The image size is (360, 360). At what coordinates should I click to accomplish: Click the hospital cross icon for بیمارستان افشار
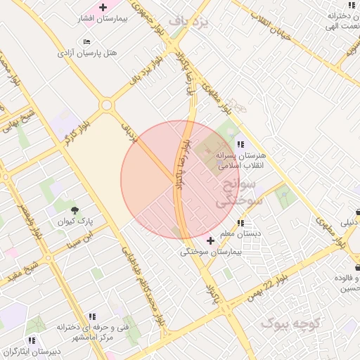[103, 8]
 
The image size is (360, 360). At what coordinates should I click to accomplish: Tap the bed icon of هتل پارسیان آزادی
[86, 42]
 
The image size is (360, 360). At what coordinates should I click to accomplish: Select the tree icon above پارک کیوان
[75, 210]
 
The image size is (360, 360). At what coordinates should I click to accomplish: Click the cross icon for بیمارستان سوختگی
[210, 240]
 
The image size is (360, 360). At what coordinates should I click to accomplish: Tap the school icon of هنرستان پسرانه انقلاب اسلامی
[241, 144]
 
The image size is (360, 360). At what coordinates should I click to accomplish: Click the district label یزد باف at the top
[193, 22]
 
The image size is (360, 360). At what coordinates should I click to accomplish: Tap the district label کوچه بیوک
[290, 323]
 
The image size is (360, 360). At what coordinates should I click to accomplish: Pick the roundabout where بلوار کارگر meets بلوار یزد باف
[107, 105]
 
